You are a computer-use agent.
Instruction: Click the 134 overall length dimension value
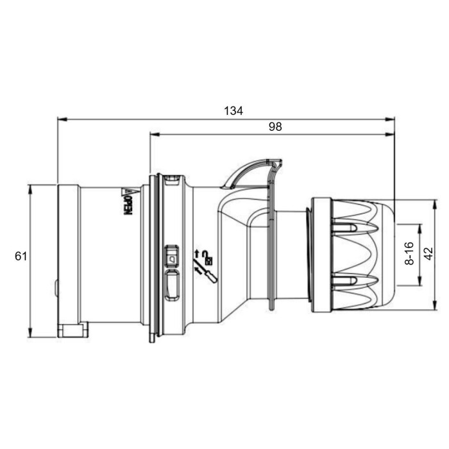pyautogui.click(x=233, y=110)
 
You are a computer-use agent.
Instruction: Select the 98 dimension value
pyautogui.click(x=275, y=127)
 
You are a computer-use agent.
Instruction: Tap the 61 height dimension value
pyautogui.click(x=21, y=256)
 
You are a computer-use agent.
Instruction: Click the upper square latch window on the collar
pyautogui.click(x=172, y=255)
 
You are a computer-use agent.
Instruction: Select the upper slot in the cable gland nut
pyautogui.click(x=346, y=228)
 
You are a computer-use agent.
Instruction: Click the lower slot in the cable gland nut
pyautogui.click(x=346, y=280)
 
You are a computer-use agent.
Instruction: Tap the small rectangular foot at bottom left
pyautogui.click(x=72, y=330)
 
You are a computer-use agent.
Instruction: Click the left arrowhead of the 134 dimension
pyautogui.click(x=62, y=119)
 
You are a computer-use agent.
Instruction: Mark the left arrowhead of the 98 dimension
pyautogui.click(x=154, y=135)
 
